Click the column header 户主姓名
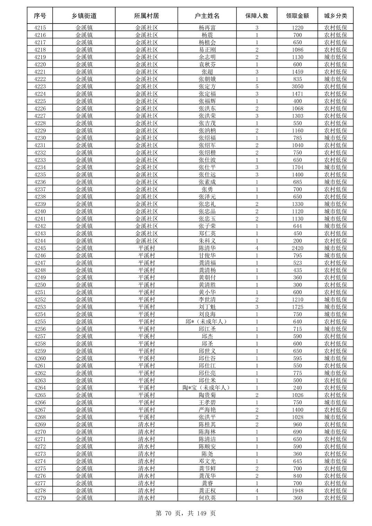pos(207,16)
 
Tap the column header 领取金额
pos(297,16)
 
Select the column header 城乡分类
pos(335,16)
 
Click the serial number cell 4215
pos(40,28)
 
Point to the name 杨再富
pos(207,28)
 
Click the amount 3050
pos(297,87)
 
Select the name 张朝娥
pos(207,79)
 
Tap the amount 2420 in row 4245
pos(297,248)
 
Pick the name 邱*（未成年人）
pos(207,321)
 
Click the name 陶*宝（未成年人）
pos(207,388)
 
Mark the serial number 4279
pos(40,498)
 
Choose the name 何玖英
pos(207,498)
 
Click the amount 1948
pos(297,491)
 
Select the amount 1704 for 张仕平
pos(297,167)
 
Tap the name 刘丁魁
pos(207,307)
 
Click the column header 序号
pos(40,16)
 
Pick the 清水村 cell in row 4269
pos(147,425)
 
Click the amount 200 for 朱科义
pos(297,241)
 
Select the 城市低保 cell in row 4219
pos(335,57)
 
